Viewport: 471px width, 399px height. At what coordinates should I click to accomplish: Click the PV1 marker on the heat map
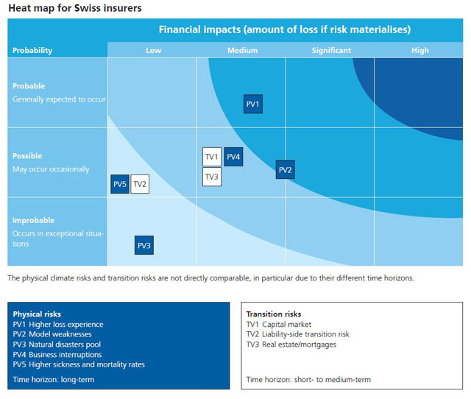[252, 104]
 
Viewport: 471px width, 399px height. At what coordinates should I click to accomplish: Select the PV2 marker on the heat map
[285, 170]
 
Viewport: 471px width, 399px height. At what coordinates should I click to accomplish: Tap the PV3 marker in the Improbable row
[144, 245]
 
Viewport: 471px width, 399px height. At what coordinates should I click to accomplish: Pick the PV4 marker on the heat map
[233, 157]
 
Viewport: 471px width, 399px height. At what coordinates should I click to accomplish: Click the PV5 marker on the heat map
[119, 184]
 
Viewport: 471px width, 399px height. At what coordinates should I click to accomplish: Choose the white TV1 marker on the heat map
[211, 157]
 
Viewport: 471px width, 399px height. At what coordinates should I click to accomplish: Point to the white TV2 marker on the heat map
[140, 184]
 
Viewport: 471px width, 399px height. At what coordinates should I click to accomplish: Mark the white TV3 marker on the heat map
[211, 177]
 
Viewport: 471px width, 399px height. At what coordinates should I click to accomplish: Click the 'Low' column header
[153, 50]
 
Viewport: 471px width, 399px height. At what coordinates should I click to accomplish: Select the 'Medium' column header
[242, 50]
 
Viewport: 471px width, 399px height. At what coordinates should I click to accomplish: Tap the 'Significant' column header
[331, 50]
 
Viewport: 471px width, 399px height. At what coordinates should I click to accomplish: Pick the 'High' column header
[419, 50]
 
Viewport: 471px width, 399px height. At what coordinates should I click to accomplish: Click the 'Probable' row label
[29, 86]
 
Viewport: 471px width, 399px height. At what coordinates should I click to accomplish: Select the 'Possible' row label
[27, 156]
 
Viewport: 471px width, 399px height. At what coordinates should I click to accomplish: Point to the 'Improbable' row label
[33, 220]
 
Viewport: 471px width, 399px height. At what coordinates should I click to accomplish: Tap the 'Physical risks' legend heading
[37, 314]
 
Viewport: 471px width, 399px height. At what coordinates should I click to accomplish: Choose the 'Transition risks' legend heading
[273, 314]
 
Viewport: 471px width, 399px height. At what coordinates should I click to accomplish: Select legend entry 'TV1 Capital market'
[278, 324]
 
